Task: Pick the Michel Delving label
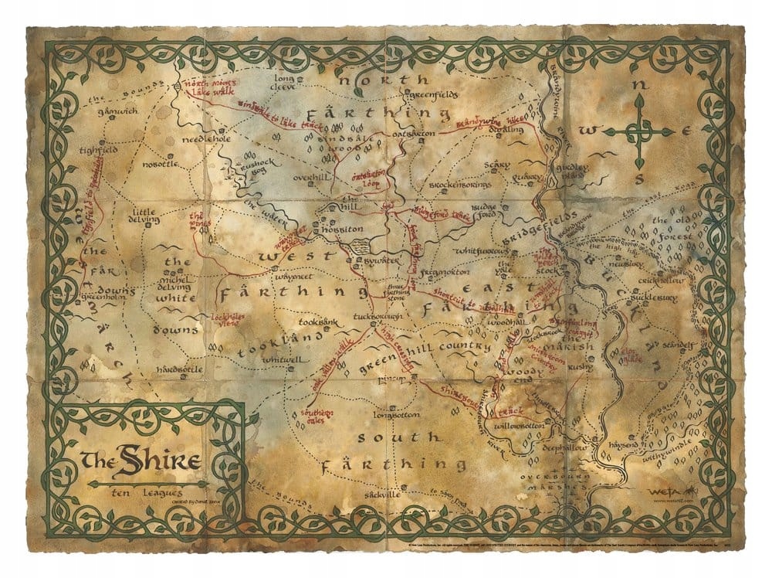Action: [x=177, y=279]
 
